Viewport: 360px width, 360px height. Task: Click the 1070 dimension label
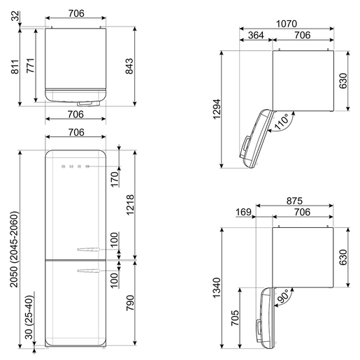coord(287,24)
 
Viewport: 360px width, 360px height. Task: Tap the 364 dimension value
coord(256,35)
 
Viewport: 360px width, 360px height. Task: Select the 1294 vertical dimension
coord(217,109)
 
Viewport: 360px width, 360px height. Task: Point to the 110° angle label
coord(282,121)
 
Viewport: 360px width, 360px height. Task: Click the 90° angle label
coord(282,296)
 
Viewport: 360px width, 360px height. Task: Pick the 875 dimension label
coord(294,201)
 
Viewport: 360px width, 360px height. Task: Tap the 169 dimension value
coord(243,212)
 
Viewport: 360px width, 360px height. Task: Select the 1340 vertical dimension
coord(217,288)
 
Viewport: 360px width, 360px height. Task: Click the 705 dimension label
coord(235,318)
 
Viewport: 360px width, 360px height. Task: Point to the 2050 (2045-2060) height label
coord(14,250)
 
